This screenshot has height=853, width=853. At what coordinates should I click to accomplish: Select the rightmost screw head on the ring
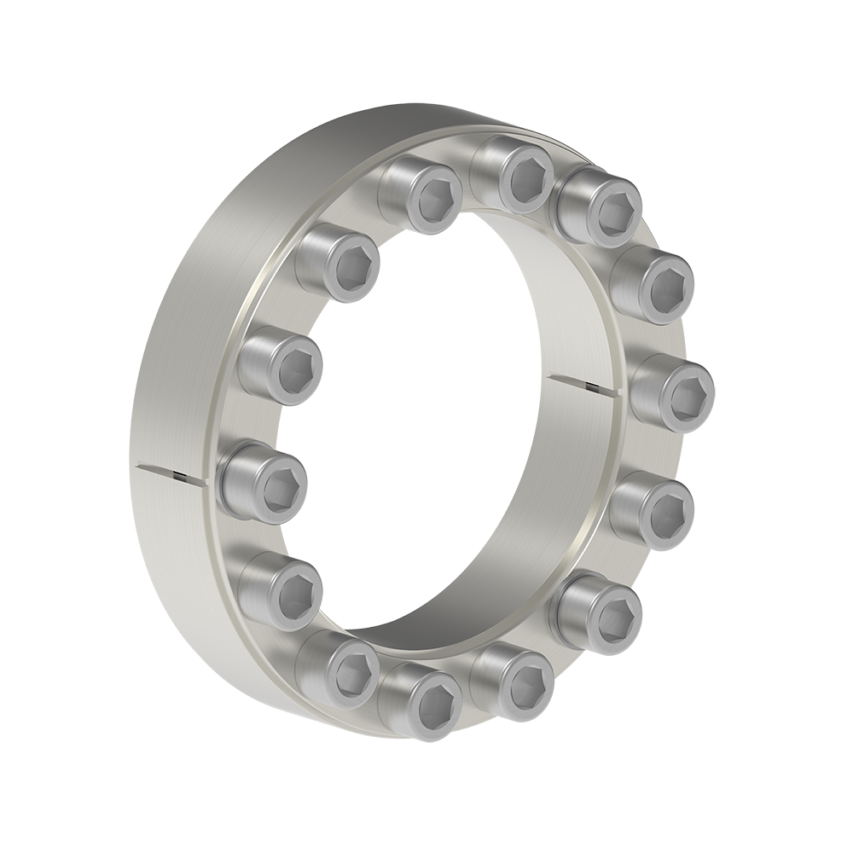click(x=673, y=390)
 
